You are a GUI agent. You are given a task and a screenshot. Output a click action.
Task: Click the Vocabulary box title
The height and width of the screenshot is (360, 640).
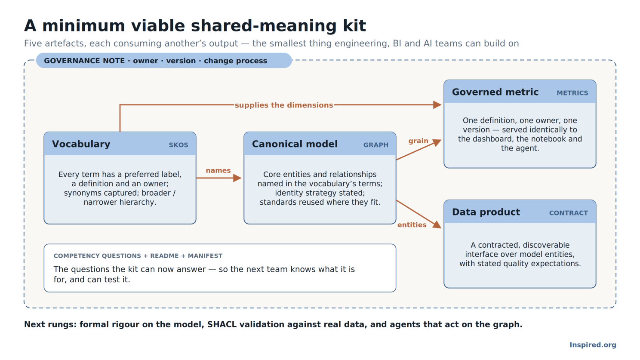pos(81,144)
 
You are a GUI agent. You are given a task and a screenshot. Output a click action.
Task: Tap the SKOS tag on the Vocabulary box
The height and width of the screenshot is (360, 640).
pos(178,145)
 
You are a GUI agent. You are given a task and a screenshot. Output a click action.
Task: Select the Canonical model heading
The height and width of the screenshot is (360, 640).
pos(295,144)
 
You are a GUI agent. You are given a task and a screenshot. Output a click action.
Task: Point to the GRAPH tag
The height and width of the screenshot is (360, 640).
pos(376,145)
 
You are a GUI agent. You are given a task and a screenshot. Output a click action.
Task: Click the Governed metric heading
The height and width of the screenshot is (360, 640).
pos(495,92)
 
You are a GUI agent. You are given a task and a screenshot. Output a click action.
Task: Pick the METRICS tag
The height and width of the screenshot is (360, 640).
pos(572,93)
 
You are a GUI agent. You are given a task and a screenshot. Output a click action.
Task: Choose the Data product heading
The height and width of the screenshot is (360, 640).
pos(486,212)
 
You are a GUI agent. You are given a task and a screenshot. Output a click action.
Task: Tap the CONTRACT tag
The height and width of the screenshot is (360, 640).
pos(569,213)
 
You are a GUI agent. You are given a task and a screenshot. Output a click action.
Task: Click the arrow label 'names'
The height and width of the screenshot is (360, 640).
pos(218,171)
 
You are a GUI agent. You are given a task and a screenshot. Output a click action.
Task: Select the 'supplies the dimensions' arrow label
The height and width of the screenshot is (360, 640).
pos(284,105)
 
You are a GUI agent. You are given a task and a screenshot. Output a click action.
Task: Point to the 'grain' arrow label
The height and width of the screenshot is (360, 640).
pos(418,141)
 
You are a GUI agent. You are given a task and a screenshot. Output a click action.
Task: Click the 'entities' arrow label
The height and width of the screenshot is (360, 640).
pos(412,225)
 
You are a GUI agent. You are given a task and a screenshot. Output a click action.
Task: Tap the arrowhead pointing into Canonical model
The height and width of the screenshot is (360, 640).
pos(237,178)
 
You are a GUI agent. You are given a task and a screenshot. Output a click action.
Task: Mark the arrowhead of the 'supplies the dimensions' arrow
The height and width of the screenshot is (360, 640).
pos(437,105)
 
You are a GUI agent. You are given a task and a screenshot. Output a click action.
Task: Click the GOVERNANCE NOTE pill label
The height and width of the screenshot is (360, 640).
pos(155,61)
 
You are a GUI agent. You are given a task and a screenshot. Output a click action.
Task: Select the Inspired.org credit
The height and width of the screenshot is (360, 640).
pos(593,345)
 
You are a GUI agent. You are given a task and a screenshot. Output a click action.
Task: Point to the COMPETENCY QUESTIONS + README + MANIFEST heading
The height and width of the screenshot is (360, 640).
pos(138,256)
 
